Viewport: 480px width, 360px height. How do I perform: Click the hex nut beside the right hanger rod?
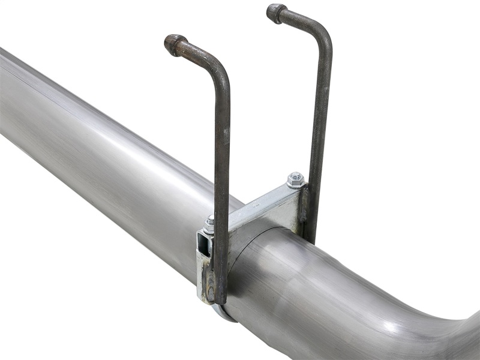tap(295, 179)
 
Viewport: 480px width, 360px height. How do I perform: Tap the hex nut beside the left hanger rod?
tap(209, 226)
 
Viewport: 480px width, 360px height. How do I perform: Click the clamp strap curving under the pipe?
tap(225, 312)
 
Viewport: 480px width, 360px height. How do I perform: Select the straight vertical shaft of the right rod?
tap(320, 120)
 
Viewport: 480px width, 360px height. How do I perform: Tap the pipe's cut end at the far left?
tap(5, 96)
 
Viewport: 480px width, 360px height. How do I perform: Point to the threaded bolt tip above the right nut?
tap(295, 175)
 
